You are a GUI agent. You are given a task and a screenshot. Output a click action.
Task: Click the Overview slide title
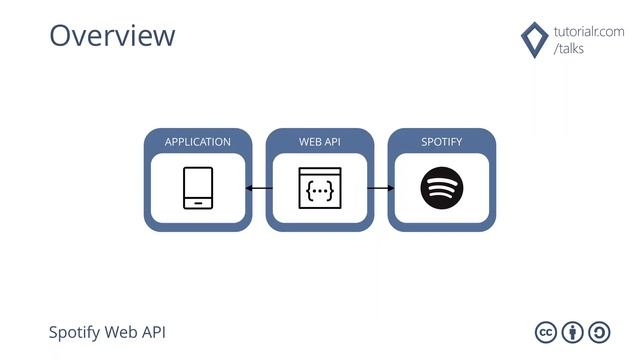click(x=112, y=35)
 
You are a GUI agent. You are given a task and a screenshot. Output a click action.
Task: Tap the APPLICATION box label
click(x=197, y=142)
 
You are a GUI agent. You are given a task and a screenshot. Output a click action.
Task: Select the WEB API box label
click(x=320, y=142)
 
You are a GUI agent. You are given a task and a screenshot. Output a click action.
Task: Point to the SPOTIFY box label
click(x=442, y=142)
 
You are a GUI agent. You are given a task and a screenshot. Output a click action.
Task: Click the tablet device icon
click(x=198, y=188)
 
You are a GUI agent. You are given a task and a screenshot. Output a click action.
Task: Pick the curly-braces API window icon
click(x=320, y=188)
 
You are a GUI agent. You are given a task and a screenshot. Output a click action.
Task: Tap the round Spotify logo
click(x=442, y=188)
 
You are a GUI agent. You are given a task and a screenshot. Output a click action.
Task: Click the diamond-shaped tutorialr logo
click(x=534, y=39)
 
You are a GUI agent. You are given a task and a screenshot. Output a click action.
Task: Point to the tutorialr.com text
click(x=588, y=31)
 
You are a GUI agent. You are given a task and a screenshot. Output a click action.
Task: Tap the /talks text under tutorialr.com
click(x=570, y=49)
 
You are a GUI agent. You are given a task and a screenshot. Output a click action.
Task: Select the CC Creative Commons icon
click(x=546, y=333)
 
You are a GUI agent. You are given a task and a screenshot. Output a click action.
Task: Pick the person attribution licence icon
click(x=573, y=333)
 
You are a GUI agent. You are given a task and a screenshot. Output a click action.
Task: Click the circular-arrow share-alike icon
click(x=600, y=333)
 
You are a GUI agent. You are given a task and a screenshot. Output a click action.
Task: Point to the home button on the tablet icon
click(x=198, y=202)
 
